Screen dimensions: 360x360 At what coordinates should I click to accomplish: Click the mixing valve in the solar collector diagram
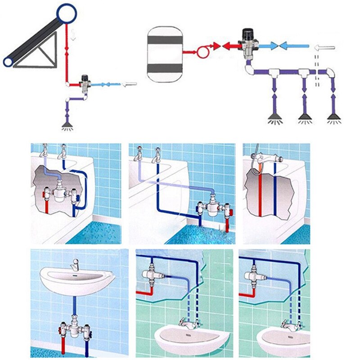point(84,83)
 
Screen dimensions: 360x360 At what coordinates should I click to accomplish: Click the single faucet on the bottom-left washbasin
point(75,265)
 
